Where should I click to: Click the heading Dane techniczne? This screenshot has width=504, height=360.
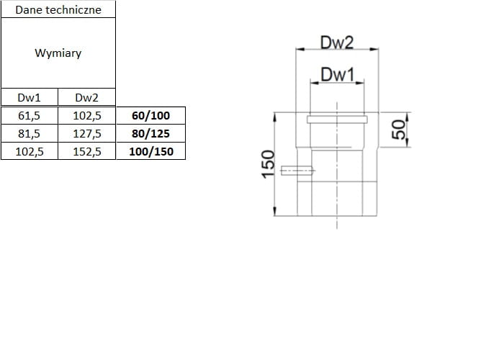(58, 9)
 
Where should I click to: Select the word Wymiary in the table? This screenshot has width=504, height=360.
(58, 53)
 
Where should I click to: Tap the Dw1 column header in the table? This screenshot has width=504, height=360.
(29, 98)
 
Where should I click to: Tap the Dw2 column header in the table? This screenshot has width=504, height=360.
(86, 98)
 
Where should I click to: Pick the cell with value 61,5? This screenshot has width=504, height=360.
(29, 115)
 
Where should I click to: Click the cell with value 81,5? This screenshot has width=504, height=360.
(29, 133)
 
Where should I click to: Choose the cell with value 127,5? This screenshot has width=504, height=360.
(87, 133)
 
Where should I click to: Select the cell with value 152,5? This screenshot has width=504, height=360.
(87, 151)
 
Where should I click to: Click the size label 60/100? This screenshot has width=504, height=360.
(150, 115)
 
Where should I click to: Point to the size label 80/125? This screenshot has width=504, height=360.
(150, 133)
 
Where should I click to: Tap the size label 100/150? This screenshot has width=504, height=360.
(150, 151)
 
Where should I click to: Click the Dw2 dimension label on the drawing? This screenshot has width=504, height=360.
(337, 42)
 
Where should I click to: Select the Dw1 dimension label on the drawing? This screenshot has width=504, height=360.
(338, 73)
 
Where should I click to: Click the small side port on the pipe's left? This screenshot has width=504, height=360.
(297, 171)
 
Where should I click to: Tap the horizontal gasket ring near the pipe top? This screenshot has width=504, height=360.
(337, 119)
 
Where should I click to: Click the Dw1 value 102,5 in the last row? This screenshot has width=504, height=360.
(29, 151)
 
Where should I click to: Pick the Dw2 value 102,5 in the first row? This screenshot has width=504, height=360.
(87, 115)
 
